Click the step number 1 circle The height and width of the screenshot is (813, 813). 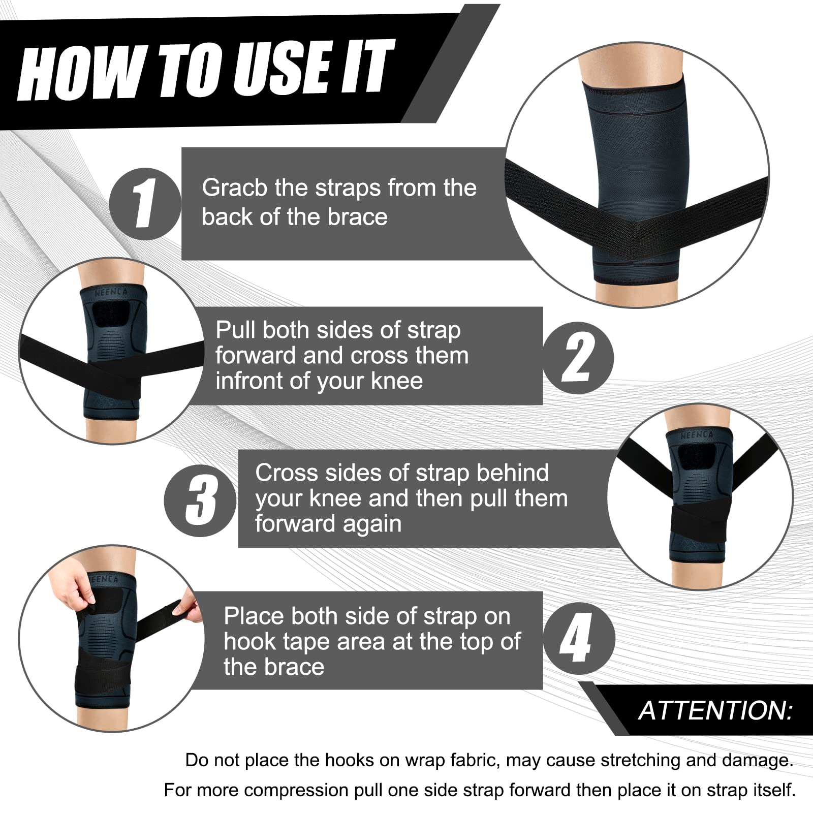click(145, 204)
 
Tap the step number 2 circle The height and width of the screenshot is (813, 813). click(578, 358)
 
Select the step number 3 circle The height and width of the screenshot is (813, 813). click(201, 501)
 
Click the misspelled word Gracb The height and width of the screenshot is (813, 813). click(234, 188)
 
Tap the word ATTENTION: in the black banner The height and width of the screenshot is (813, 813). click(715, 710)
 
